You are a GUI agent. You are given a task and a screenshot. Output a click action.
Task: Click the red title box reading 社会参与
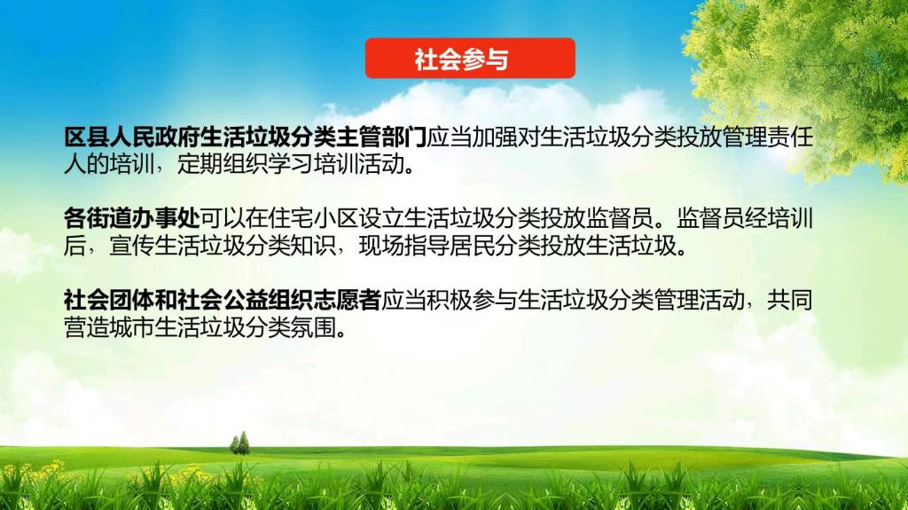470,58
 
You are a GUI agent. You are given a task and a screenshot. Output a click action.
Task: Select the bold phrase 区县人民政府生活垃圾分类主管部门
246,137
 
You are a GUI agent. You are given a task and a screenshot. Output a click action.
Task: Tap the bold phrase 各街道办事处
132,218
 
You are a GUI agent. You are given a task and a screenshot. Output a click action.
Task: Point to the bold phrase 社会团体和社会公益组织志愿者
223,300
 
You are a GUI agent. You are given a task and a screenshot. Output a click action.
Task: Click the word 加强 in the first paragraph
495,137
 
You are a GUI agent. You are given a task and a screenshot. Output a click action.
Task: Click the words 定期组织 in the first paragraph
223,165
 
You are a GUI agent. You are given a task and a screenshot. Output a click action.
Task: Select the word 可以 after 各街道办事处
223,218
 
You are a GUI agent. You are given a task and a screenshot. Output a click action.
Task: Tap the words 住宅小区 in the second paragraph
313,218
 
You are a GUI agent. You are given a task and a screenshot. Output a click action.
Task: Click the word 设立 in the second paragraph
381,218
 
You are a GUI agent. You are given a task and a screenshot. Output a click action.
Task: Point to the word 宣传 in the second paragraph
132,246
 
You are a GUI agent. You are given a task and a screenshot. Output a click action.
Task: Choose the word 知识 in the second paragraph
313,246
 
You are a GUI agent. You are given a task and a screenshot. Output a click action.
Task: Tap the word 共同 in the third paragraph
790,300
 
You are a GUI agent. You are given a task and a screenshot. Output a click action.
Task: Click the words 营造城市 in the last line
109,327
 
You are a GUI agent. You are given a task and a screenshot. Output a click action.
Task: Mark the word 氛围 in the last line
313,327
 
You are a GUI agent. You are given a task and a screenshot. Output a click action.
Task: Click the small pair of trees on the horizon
239,443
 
